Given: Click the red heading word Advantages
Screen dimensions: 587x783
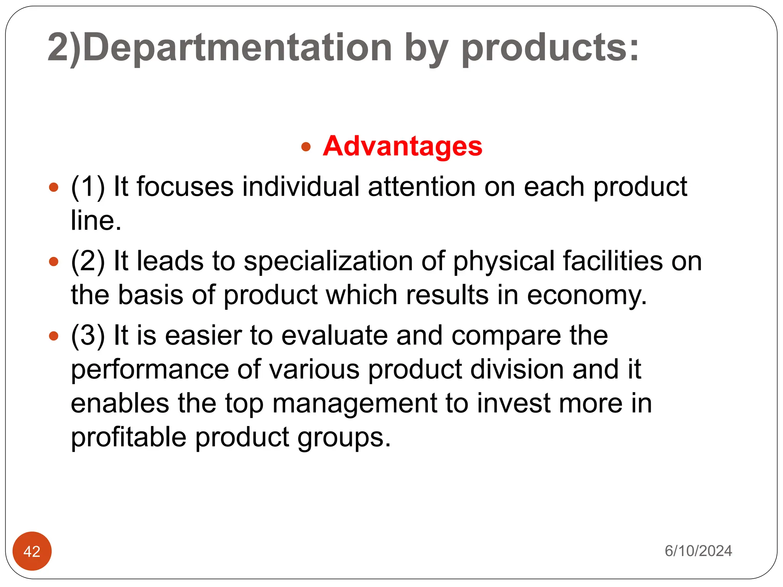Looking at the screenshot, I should point(402,146).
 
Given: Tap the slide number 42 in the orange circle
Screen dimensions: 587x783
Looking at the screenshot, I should point(32,551).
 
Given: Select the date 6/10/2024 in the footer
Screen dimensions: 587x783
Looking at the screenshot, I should point(698,551).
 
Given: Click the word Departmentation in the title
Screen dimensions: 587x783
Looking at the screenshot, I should point(237,48).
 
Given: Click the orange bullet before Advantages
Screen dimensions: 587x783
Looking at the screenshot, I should point(306,147).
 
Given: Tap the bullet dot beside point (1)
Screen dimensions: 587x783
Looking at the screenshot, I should point(54,187).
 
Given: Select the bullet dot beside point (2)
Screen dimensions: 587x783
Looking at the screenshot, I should point(54,262).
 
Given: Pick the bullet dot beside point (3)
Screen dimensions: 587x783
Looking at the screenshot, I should point(54,336).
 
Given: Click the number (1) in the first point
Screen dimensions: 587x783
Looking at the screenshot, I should point(88,187).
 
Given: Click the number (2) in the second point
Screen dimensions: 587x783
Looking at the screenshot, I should point(88,261).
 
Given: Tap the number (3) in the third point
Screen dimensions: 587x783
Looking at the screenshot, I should point(88,336).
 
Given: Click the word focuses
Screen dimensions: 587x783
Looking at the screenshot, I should point(185,187).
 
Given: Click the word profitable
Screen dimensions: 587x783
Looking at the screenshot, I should point(128,437).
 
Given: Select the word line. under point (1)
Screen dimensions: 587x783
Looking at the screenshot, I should point(96,221).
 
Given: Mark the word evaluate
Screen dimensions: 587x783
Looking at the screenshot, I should point(335,336).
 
